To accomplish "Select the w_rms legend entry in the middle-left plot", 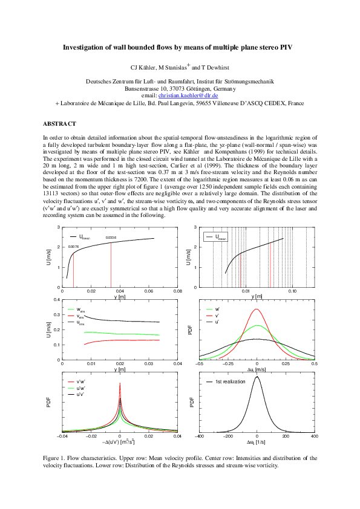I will pyautogui.click(x=80, y=309).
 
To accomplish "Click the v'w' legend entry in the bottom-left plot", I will pyautogui.click(x=80, y=381).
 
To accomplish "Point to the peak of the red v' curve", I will pyautogui.click(x=257, y=310).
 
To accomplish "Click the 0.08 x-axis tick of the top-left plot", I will pyautogui.click(x=178, y=291).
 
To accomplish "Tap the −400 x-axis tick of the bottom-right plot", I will pyautogui.click(x=200, y=436).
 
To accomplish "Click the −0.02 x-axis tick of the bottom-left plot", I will pyautogui.click(x=91, y=436).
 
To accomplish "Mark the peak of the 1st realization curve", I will pyautogui.click(x=257, y=377).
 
